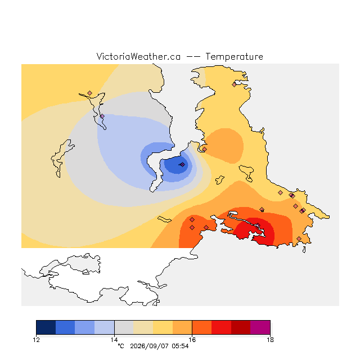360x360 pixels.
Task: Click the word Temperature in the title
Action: click(234, 57)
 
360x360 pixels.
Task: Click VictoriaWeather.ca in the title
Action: click(138, 57)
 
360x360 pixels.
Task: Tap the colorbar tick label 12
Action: click(36, 340)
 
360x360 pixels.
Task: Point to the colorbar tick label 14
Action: click(114, 340)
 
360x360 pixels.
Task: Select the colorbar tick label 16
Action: click(192, 340)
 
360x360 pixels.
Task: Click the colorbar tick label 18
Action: click(270, 340)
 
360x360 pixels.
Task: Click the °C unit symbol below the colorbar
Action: click(121, 346)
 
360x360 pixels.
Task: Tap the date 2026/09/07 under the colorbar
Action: click(149, 346)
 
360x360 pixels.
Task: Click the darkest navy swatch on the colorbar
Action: click(46, 327)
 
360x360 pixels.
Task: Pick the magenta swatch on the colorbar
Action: click(260, 327)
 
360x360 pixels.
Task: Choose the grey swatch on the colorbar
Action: click(124, 327)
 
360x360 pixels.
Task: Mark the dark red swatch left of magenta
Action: click(241, 327)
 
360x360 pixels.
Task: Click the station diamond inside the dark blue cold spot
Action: click(182, 165)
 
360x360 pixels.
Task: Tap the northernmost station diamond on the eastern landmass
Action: click(234, 84)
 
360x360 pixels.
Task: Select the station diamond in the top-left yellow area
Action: click(90, 93)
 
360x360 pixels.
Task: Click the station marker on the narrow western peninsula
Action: click(102, 116)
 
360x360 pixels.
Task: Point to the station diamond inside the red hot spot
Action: click(258, 225)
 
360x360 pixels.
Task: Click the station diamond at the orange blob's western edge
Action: click(204, 149)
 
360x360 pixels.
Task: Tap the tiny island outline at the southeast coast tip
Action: click(304, 250)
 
